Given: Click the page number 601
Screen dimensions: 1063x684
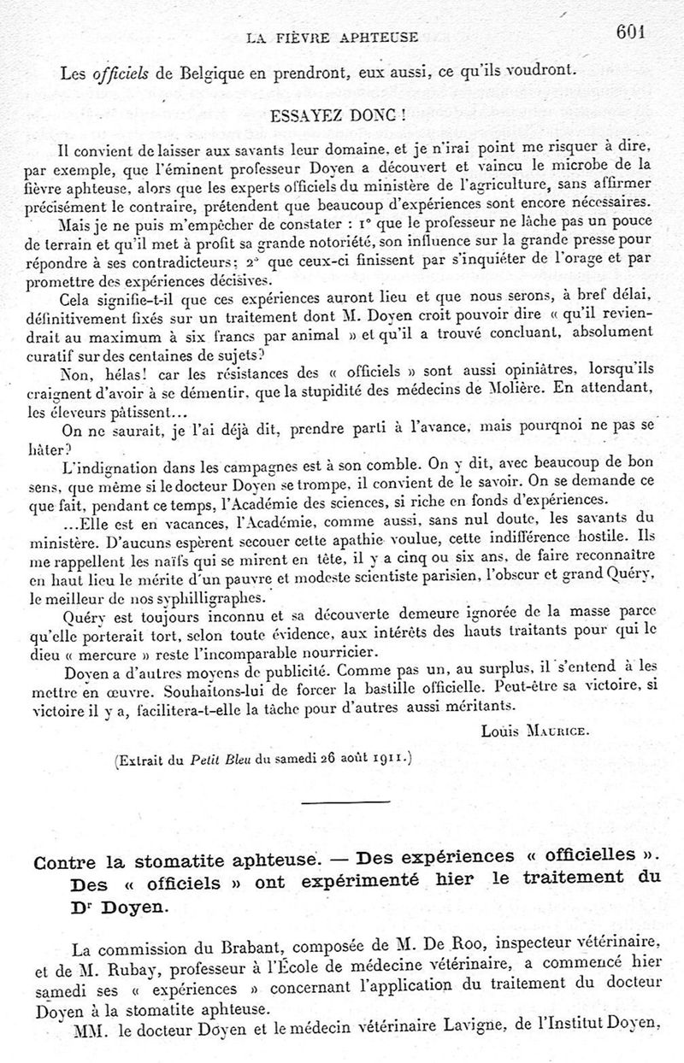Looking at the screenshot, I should [628, 32].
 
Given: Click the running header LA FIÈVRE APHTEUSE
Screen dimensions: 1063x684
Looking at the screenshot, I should [332, 37].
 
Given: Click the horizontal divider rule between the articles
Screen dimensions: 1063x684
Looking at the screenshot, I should [333, 802].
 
